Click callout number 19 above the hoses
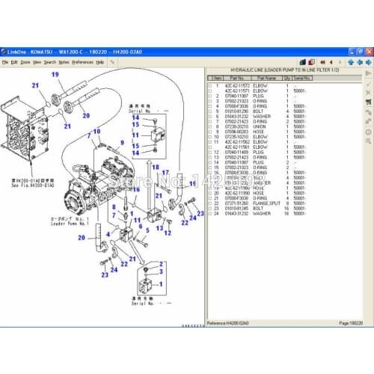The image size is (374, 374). [x=55, y=74]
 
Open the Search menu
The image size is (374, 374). [x=50, y=62]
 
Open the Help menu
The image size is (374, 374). [x=99, y=62]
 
